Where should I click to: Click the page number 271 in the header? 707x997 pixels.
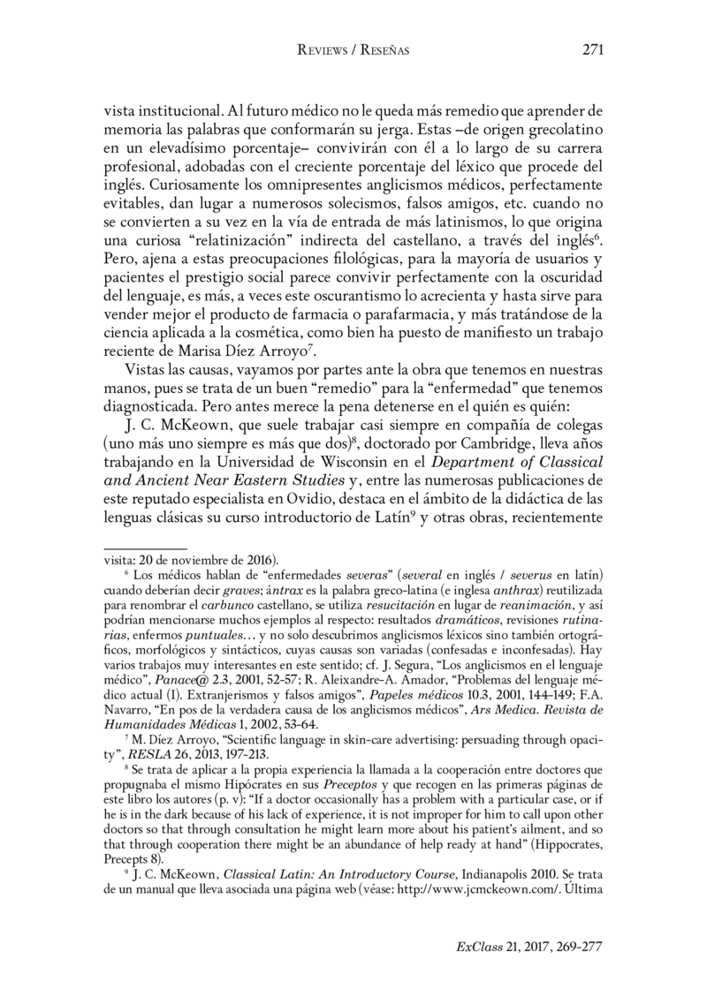click(592, 50)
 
